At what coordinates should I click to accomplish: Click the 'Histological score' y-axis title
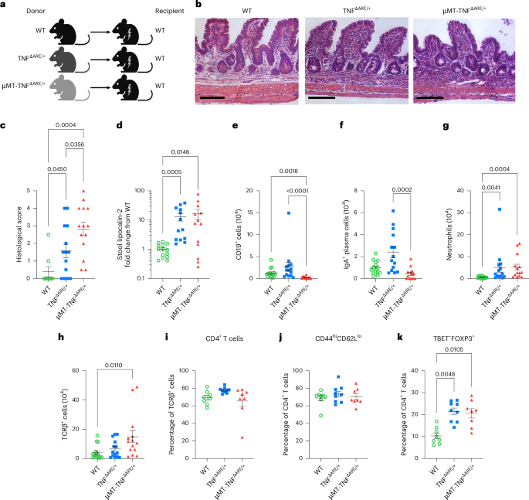(10, 233)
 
